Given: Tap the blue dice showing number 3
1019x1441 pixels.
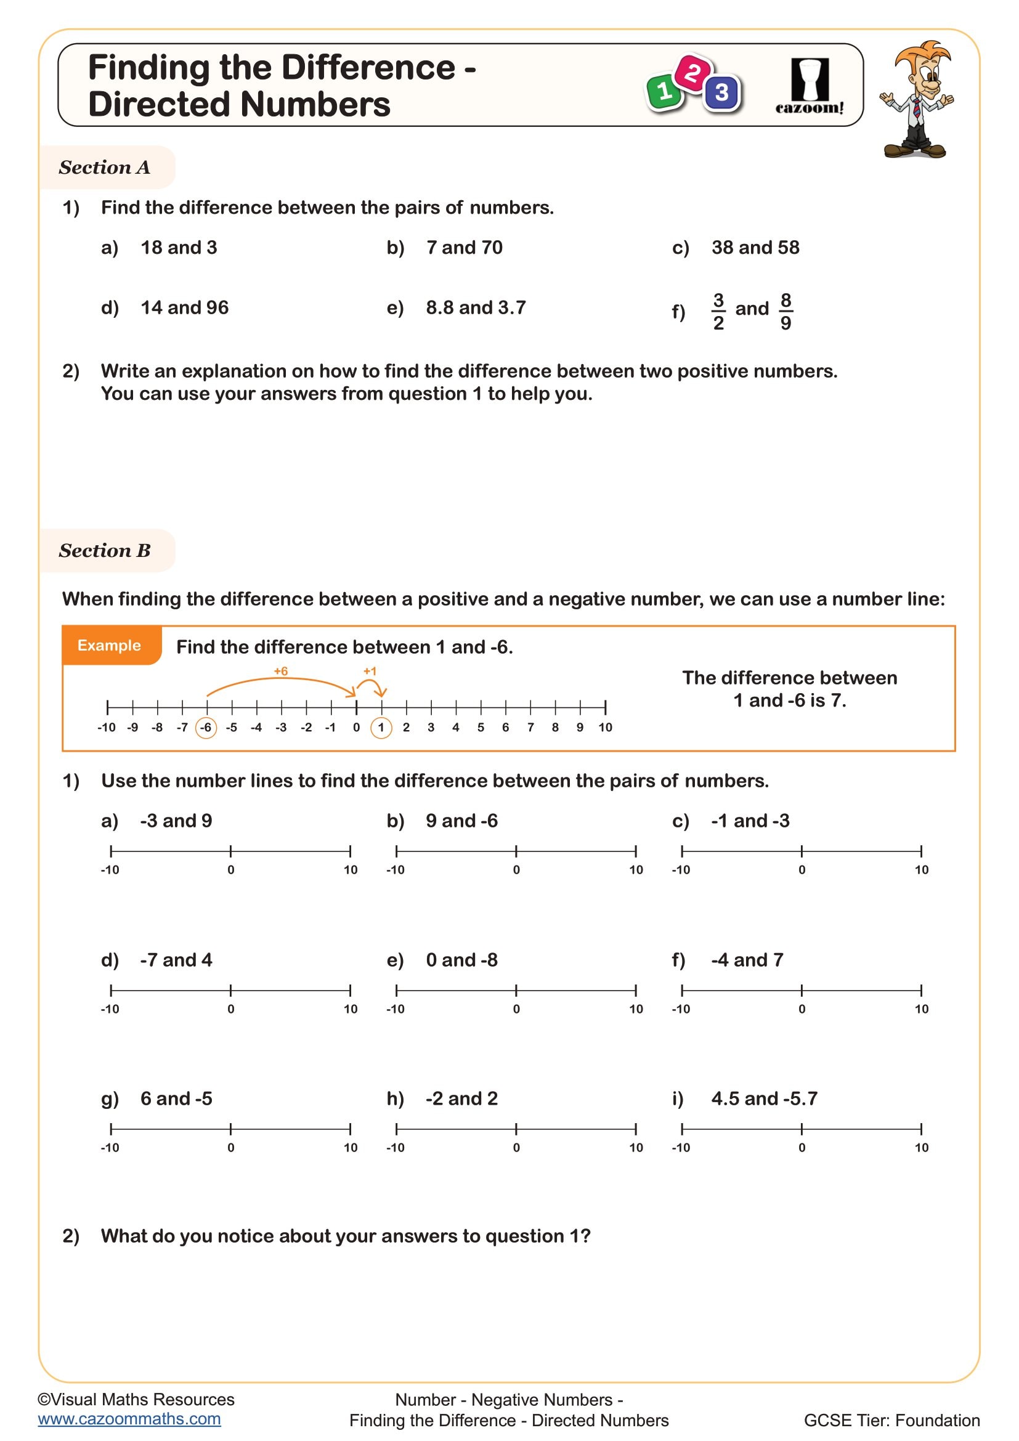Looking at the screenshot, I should (x=721, y=92).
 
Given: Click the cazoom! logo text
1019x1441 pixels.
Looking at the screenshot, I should (x=810, y=108).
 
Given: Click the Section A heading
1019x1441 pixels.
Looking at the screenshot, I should (x=105, y=168).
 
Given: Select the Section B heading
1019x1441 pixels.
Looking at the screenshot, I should (x=105, y=550).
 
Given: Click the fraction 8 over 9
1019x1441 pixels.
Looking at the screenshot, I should (x=786, y=311).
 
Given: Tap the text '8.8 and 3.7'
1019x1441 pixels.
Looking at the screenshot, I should (x=476, y=307).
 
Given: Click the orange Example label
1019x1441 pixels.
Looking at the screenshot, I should (x=109, y=645).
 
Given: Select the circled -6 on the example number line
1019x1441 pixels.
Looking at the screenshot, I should (x=206, y=728).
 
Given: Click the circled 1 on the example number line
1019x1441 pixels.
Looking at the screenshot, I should (x=381, y=728).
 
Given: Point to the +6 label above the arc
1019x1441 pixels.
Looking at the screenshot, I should (x=280, y=671).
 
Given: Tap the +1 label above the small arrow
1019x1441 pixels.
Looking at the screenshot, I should (x=370, y=671).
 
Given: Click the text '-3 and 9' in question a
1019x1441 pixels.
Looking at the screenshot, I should (x=176, y=820).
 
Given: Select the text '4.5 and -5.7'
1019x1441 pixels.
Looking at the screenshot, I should (x=763, y=1098).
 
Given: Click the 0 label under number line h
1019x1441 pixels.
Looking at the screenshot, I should (x=516, y=1147).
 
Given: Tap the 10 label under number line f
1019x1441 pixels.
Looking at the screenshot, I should (x=921, y=1009).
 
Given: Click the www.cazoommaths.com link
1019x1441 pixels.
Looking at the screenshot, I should (x=129, y=1419).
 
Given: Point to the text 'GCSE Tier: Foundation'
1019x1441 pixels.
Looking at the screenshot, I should (x=891, y=1420).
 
